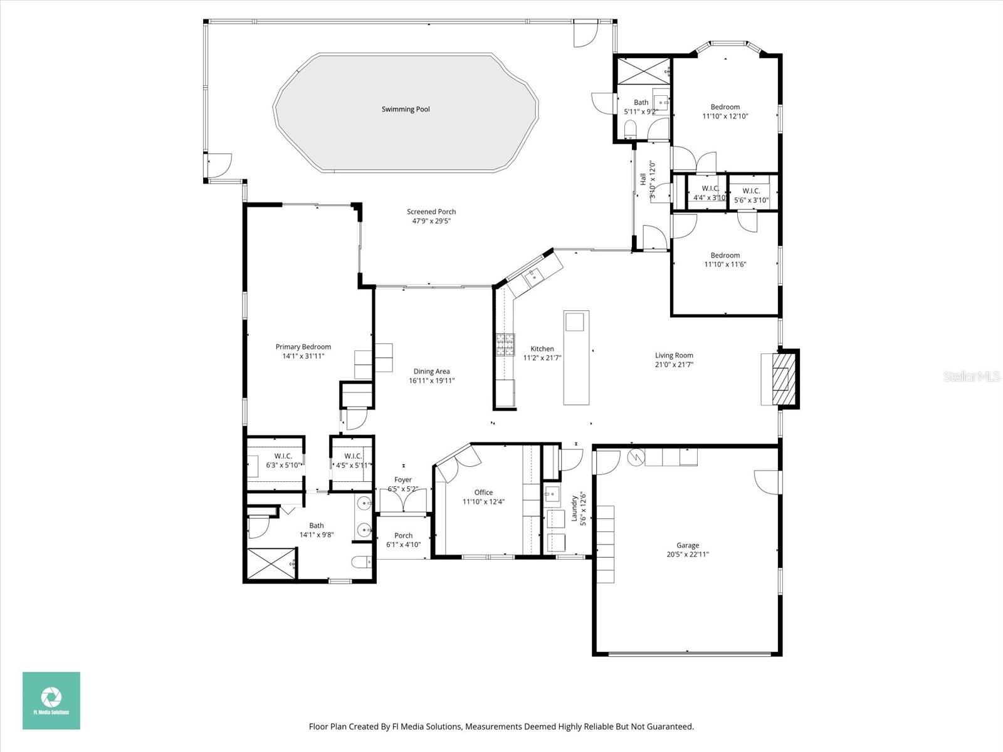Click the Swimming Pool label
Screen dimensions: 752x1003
click(x=406, y=109)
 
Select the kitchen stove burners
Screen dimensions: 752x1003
click(x=505, y=345)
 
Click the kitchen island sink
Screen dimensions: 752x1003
click(x=575, y=321)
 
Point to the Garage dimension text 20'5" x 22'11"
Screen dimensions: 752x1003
click(x=688, y=554)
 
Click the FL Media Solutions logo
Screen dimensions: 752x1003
click(x=51, y=700)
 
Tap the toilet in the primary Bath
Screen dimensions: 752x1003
click(x=362, y=562)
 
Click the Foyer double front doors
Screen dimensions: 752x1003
click(x=402, y=501)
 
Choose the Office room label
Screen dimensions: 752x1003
click(x=483, y=492)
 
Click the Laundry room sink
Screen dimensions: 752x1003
click(x=552, y=494)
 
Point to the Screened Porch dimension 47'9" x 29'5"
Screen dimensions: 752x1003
click(x=431, y=221)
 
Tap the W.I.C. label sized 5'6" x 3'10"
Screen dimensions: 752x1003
click(x=751, y=200)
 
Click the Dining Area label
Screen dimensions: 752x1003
click(x=431, y=371)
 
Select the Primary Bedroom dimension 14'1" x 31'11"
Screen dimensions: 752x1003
click(x=303, y=356)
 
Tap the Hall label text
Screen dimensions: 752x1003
click(x=643, y=179)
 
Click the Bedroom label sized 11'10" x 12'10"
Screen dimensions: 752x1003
click(x=725, y=116)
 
